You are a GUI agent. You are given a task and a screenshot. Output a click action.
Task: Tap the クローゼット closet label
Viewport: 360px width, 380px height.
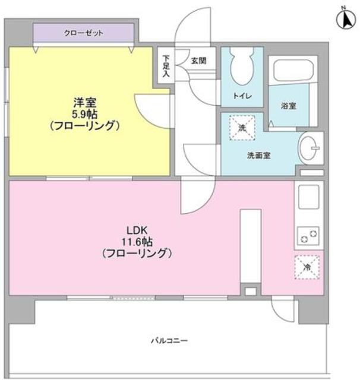pyautogui.click(x=83, y=33)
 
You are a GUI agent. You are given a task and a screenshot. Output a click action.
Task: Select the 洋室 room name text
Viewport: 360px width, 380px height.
pyautogui.click(x=85, y=102)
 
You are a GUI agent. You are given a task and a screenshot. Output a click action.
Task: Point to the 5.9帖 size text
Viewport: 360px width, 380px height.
pyautogui.click(x=85, y=113)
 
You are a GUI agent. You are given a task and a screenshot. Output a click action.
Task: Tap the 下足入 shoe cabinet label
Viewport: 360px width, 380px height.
pyautogui.click(x=166, y=65)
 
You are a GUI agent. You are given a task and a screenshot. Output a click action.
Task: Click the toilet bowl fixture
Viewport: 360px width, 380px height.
pyautogui.click(x=242, y=67)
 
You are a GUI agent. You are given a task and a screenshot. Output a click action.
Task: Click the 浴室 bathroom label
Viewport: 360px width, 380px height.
pyautogui.click(x=289, y=106)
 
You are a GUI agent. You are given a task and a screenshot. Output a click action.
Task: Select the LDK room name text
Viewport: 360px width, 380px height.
pyautogui.click(x=136, y=230)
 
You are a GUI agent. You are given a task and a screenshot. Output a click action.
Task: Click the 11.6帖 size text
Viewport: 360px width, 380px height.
pyautogui.click(x=136, y=242)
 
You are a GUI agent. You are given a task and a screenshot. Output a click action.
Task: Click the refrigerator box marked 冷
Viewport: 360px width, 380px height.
pyautogui.click(x=307, y=267)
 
